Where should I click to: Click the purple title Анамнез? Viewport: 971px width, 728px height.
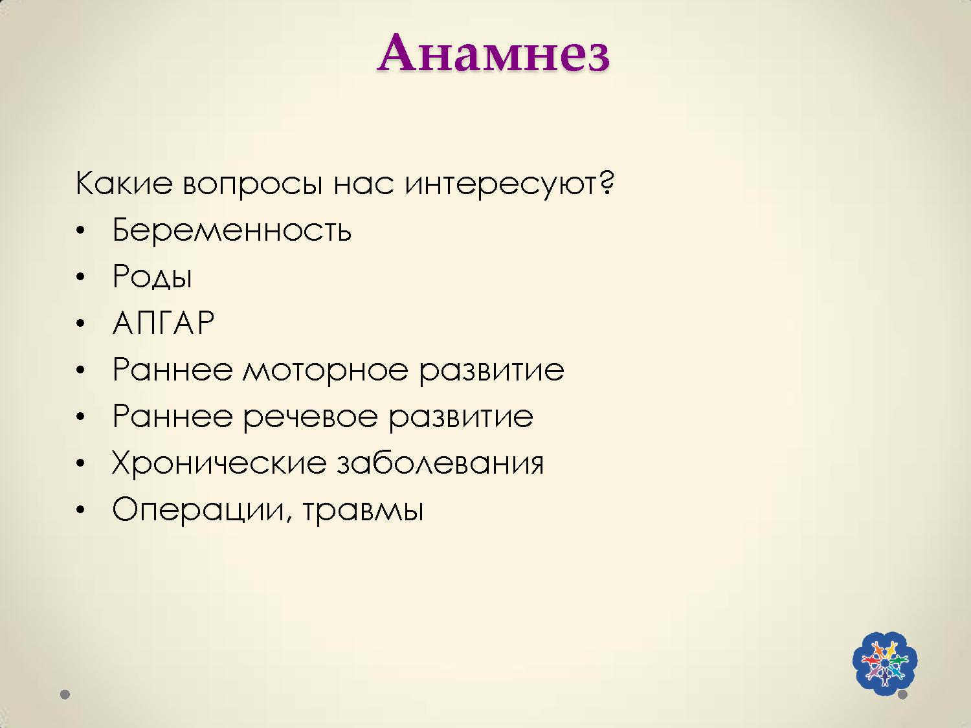pyautogui.click(x=493, y=53)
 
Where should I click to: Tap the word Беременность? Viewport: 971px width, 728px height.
pyautogui.click(x=232, y=230)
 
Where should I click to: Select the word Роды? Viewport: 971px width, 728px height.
pyautogui.click(x=152, y=277)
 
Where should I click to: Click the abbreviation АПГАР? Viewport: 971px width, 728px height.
pyautogui.click(x=163, y=323)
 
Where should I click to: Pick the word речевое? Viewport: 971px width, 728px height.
pyautogui.click(x=310, y=417)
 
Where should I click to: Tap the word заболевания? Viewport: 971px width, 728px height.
pyautogui.click(x=440, y=463)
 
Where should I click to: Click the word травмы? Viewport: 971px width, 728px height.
pyautogui.click(x=363, y=510)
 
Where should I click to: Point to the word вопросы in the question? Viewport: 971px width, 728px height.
pyautogui.click(x=252, y=184)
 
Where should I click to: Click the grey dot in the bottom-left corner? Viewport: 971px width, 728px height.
pyautogui.click(x=65, y=694)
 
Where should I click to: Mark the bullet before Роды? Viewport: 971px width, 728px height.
pyautogui.click(x=80, y=278)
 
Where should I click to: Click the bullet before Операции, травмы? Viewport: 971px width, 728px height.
pyautogui.click(x=80, y=511)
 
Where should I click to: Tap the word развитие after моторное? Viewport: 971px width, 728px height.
pyautogui.click(x=491, y=370)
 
